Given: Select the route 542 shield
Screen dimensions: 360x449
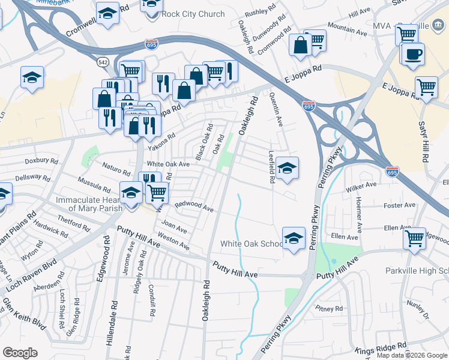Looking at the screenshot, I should (x=101, y=62).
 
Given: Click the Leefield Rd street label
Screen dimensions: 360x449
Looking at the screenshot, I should (x=271, y=166).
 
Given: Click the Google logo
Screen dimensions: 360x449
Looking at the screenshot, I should (x=20, y=352).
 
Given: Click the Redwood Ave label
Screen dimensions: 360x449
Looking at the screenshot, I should (x=194, y=206).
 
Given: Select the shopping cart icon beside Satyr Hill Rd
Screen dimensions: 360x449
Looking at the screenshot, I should (x=426, y=86).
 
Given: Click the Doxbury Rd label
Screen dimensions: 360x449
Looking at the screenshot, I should (x=41, y=161).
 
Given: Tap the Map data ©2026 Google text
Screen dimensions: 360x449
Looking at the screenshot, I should (x=412, y=355).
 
